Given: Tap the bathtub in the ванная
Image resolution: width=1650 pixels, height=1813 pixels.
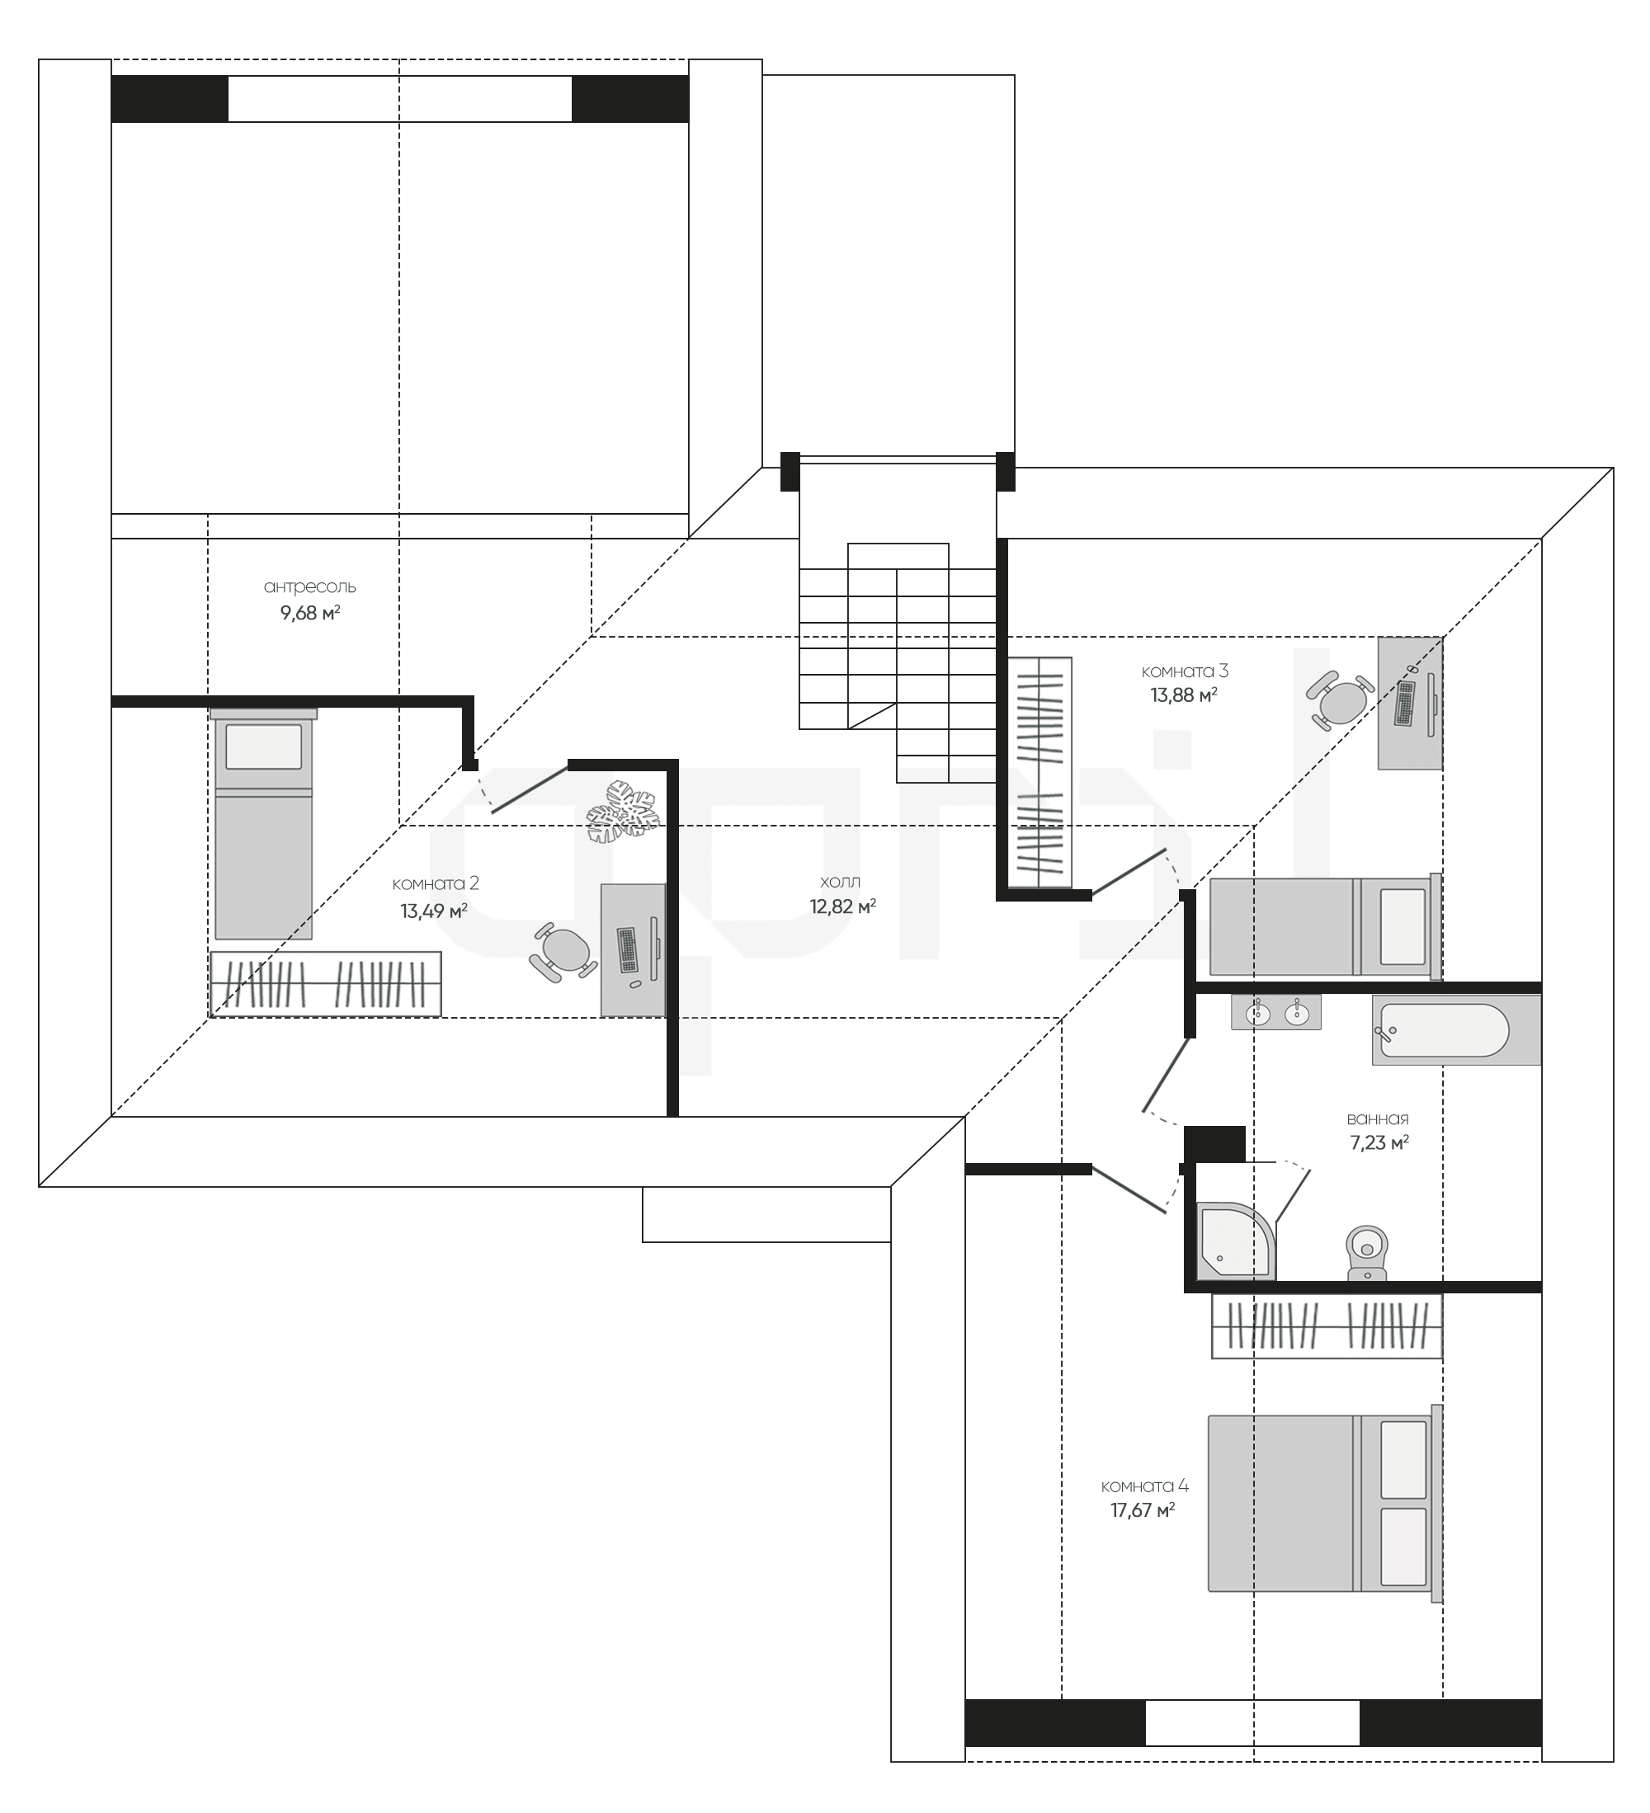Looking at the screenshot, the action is pyautogui.click(x=1455, y=1029).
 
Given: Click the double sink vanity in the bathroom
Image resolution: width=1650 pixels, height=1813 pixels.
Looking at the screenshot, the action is pyautogui.click(x=1276, y=1012).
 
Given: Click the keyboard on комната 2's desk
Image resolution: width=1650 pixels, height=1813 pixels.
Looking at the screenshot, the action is pyautogui.click(x=627, y=949).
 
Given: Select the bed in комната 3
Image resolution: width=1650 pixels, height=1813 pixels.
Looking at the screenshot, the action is pyautogui.click(x=1326, y=926).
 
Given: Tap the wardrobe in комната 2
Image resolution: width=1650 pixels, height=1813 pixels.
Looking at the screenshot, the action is pyautogui.click(x=326, y=984).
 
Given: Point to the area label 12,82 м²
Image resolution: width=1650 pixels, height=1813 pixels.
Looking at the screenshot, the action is pyautogui.click(x=843, y=906).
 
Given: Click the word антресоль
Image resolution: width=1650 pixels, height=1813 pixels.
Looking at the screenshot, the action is pyautogui.click(x=309, y=587).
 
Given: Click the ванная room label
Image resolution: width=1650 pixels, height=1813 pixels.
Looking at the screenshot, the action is pyautogui.click(x=1378, y=1118).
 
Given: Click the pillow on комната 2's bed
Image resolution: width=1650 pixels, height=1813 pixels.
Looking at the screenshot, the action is pyautogui.click(x=264, y=746).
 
